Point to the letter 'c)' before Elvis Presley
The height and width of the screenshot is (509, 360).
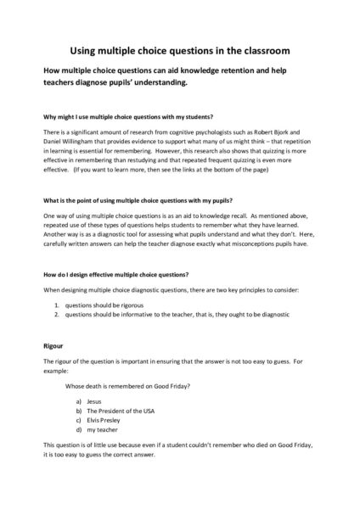coord(79,420)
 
